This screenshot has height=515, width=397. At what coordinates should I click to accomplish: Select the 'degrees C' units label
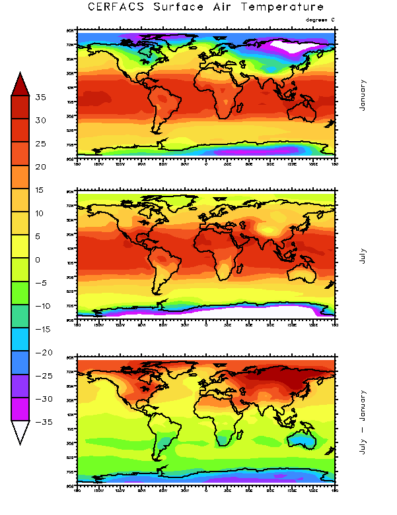click(x=320, y=20)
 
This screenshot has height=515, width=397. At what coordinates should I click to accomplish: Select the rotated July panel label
click(x=363, y=256)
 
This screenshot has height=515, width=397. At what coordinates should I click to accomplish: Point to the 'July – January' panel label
click(x=363, y=417)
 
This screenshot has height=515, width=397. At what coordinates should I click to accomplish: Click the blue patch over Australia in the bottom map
click(x=306, y=436)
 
